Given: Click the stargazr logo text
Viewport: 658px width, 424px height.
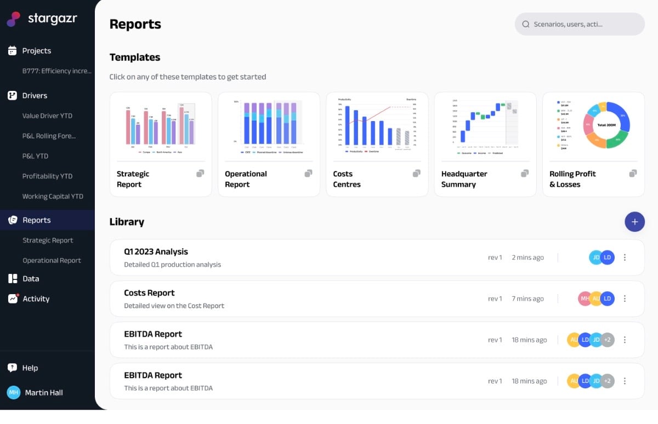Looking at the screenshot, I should [52, 19].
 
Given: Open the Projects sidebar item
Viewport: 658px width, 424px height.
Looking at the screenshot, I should [36, 51].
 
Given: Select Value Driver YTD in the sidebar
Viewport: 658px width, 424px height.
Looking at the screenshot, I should [47, 116].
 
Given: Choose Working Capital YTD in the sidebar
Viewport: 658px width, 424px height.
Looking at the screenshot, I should [53, 196].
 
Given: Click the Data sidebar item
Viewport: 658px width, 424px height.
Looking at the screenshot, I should [31, 278].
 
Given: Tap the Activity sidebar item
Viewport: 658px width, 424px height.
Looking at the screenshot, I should [36, 299].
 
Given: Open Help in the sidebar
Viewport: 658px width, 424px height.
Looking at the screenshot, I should [30, 368].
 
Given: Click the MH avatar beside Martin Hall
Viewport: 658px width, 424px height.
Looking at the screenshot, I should [13, 392].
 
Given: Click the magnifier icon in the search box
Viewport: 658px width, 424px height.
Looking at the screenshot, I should [526, 24].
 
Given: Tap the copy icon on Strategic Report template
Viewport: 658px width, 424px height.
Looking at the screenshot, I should [200, 174].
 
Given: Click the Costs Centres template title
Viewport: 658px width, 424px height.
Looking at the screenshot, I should [347, 179].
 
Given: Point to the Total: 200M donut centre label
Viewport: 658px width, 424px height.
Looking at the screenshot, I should [606, 125].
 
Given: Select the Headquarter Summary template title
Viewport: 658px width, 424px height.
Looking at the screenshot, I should [464, 179].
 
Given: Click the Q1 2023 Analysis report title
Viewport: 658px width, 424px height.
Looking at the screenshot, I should [156, 252].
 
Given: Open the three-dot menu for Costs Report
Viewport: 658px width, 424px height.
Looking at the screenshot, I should [625, 299].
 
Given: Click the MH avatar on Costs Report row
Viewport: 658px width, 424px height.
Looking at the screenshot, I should [585, 299].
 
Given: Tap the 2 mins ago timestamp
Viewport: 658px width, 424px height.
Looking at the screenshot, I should [527, 257].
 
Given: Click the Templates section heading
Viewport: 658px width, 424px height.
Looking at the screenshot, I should [135, 58].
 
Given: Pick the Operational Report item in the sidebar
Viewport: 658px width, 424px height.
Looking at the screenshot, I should [52, 260].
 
